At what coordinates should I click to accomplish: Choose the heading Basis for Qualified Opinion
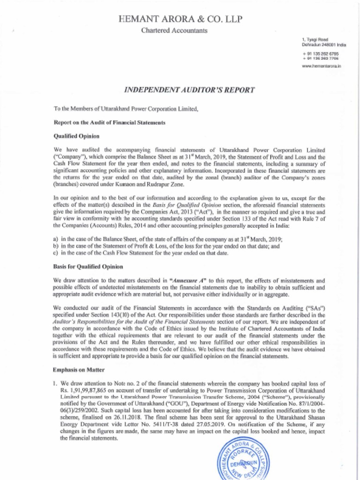[x=88, y=266]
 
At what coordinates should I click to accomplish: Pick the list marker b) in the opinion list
[x=57, y=246]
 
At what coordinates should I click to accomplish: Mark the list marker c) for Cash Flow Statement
[x=57, y=253]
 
